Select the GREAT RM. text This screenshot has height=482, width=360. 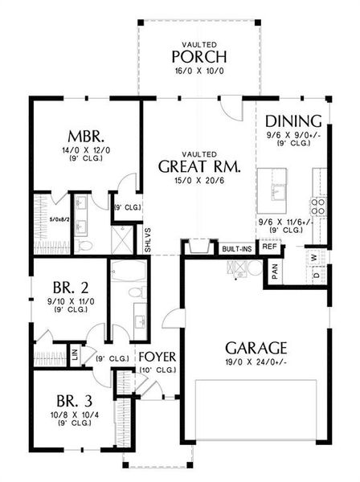coord(196,167)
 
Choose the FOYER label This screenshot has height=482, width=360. coord(157,356)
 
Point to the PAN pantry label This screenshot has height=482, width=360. coord(274,272)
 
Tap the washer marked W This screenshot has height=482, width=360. coord(313,259)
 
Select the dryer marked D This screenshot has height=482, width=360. coord(313,276)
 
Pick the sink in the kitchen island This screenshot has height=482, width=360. coord(277,192)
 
